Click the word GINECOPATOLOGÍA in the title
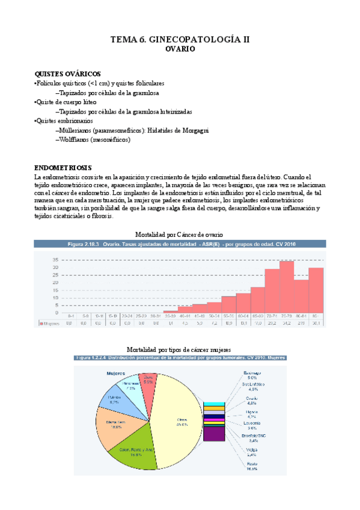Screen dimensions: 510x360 click(195, 39)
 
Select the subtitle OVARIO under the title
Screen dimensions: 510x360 click(180, 50)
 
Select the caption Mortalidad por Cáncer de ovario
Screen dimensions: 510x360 click(179, 234)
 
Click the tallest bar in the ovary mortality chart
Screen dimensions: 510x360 click(287, 287)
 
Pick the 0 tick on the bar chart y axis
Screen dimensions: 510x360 click(57, 313)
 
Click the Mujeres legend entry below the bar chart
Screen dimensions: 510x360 click(50, 323)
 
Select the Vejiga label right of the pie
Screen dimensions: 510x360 click(252, 450)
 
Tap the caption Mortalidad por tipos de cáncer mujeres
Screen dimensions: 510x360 click(179, 349)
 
